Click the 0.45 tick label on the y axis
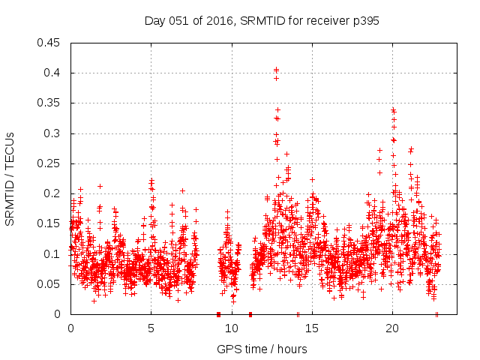click(49, 43)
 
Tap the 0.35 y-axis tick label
click(49, 103)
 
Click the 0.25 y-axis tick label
click(49, 163)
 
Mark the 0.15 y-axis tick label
click(49, 223)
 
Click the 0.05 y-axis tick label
click(49, 284)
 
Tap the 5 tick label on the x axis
click(151, 328)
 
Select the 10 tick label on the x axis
click(232, 328)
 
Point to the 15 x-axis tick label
click(312, 328)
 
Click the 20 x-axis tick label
click(392, 328)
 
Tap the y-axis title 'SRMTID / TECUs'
click(10, 178)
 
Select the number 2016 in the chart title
click(212, 21)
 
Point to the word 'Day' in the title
click(155, 21)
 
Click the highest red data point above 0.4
click(276, 70)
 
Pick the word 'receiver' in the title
click(324, 21)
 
